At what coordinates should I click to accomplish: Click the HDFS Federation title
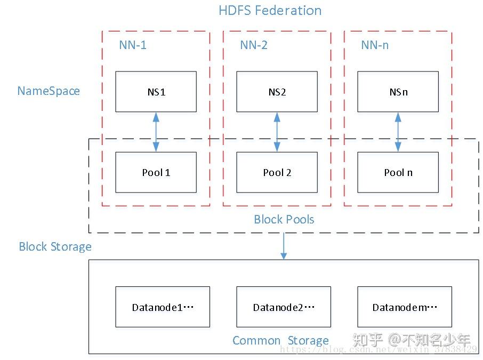[x=270, y=11]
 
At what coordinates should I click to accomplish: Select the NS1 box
[x=156, y=92]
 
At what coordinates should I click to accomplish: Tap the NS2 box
[x=277, y=92]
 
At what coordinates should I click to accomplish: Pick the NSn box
[x=398, y=92]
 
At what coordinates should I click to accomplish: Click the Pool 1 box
[x=156, y=172]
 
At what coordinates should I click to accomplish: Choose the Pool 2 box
[x=277, y=172]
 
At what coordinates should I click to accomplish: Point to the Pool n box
[x=398, y=172]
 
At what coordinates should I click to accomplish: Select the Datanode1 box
[x=163, y=307]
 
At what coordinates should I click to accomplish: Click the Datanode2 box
[x=283, y=307]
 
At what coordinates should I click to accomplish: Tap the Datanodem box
[x=404, y=307]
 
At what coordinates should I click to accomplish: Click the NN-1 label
[x=133, y=45]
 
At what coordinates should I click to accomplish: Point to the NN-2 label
[x=254, y=45]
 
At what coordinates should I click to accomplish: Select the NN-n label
[x=375, y=45]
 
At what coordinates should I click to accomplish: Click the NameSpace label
[x=49, y=91]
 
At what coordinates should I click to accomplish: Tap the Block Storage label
[x=55, y=246]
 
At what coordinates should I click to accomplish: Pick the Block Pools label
[x=284, y=219]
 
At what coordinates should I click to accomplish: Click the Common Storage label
[x=280, y=340]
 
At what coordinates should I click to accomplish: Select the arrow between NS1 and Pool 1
[x=156, y=132]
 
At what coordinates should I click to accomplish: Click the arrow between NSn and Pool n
[x=398, y=132]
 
